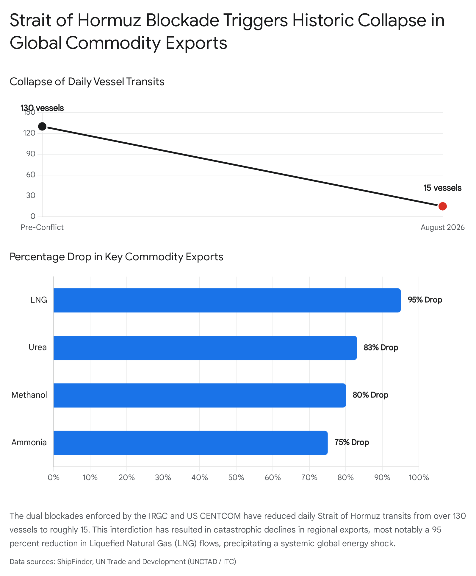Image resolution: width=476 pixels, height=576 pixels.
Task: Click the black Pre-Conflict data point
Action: tap(42, 126)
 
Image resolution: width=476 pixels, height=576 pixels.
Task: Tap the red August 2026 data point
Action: tap(442, 206)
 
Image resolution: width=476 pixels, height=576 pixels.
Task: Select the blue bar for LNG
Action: tap(227, 300)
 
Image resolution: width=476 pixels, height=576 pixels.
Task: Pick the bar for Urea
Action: tap(205, 348)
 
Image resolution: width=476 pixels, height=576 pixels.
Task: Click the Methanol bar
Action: tap(200, 395)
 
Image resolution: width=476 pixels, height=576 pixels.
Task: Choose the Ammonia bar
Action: tap(190, 443)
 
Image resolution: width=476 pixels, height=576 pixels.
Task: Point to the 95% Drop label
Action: tap(425, 300)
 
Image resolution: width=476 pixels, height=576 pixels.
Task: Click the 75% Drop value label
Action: tap(352, 443)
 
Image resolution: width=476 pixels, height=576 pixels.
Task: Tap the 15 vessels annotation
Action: tap(442, 188)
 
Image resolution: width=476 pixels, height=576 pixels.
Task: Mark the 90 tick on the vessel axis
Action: tap(31, 154)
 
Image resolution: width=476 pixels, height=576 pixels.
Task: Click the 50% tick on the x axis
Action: tap(236, 478)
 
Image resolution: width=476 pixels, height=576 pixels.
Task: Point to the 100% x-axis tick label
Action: tap(419, 478)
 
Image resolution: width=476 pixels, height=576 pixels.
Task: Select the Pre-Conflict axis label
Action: tap(42, 227)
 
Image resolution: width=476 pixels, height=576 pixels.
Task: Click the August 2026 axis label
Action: tap(442, 228)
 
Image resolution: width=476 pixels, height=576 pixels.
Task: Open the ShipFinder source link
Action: tap(75, 562)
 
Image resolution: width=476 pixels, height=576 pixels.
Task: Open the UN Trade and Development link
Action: tap(166, 562)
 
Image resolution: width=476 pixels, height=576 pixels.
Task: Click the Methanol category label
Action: tap(29, 395)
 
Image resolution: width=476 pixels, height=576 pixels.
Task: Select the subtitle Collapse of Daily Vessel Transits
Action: tap(87, 82)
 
